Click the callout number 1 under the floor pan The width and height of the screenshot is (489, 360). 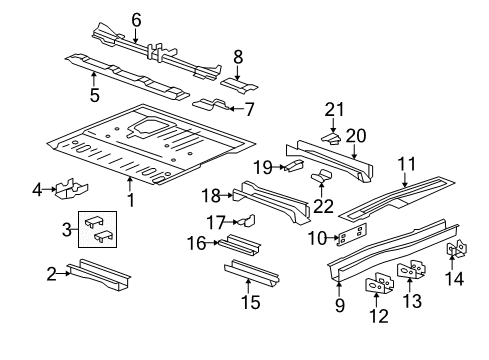130,199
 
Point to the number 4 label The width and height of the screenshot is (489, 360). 37,187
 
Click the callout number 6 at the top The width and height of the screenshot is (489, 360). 136,17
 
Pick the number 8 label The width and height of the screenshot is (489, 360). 238,57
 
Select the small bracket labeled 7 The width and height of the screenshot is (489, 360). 209,105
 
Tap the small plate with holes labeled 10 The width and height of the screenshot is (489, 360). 351,238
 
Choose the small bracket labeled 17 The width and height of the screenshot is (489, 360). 244,222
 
